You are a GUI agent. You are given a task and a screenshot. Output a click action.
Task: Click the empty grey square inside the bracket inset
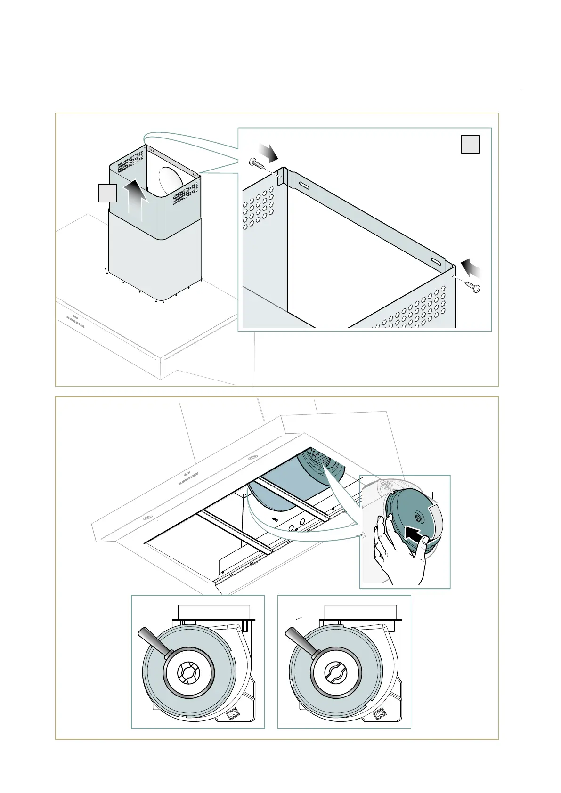tap(470, 144)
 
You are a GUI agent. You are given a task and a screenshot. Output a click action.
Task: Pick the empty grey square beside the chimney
tap(107, 193)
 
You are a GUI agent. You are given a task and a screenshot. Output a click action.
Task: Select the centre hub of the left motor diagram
tap(189, 674)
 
